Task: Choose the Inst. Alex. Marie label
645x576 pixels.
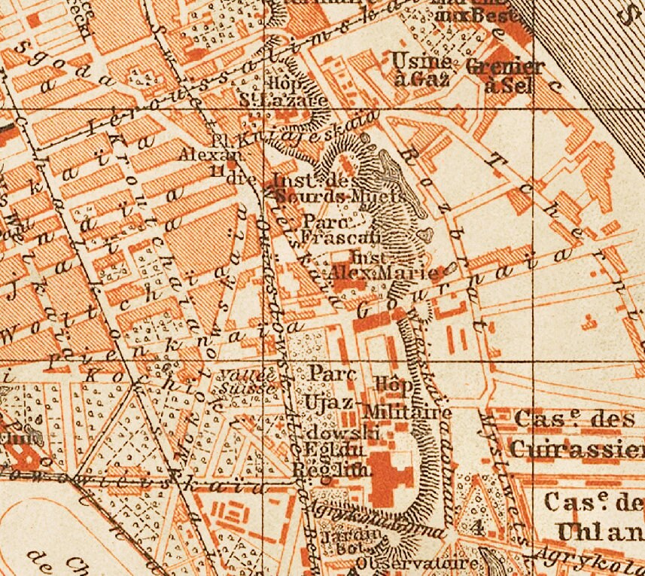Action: pos(376,267)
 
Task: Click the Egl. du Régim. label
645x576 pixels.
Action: pos(332,460)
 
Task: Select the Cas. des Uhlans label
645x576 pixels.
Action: pos(595,516)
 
